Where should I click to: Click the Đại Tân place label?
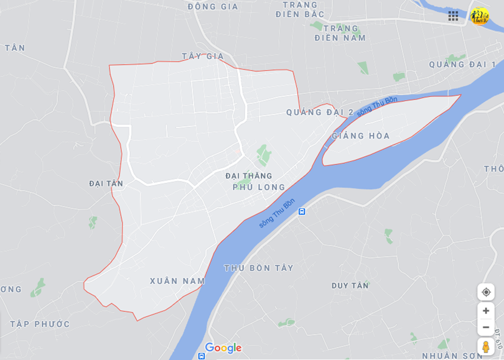coord(106,183)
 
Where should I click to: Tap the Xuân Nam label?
coord(177,281)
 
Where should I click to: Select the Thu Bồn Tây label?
coord(258,268)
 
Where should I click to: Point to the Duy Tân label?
coord(350,285)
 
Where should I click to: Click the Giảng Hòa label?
coord(361,136)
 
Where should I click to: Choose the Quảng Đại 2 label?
coord(320,113)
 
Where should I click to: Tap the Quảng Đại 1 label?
coord(462,65)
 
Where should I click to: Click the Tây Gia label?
coord(203,57)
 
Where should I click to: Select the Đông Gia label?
coord(213,7)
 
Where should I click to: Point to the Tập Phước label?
coord(40,324)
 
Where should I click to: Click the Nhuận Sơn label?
coord(452,356)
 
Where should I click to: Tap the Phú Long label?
coord(259,187)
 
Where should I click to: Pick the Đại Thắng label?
coord(249,176)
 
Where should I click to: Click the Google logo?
coord(223,348)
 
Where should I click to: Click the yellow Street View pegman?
coord(486,347)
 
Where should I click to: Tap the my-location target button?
coord(486,292)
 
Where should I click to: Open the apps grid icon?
coord(453,16)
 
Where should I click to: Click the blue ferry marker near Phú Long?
coord(302,211)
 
